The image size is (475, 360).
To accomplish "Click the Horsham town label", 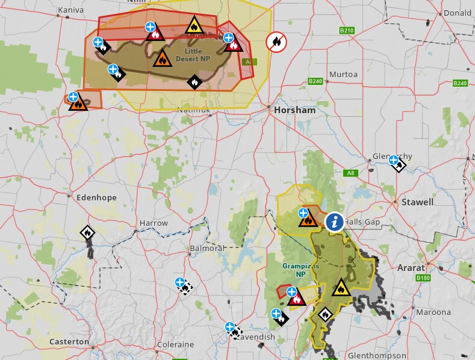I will coord(294,111).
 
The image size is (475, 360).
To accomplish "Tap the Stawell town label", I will coord(418,202).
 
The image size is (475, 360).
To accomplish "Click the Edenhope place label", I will coord(96,197).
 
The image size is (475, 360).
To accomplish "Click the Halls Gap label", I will coord(364,222).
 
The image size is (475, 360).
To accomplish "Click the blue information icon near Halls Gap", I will coord(335,222).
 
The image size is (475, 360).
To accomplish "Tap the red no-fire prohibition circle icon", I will coord(276,42).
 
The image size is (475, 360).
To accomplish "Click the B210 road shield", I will coord(347,29).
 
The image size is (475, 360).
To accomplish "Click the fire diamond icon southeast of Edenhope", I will coord(88,232).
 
